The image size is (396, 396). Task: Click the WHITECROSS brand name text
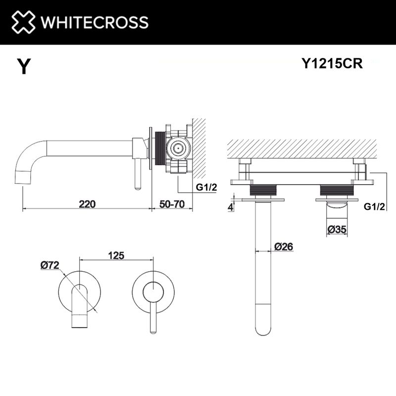click(x=95, y=22)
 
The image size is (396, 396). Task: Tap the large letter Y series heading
click(x=23, y=67)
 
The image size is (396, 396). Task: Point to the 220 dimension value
click(x=86, y=203)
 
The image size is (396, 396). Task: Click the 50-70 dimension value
click(x=171, y=203)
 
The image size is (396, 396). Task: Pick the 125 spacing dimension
click(x=115, y=255)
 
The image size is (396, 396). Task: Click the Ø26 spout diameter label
click(x=284, y=246)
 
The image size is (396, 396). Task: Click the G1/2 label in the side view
click(x=206, y=188)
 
